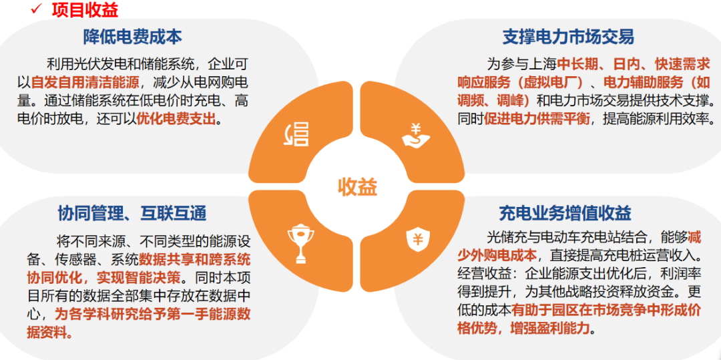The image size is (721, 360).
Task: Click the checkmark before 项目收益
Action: click(x=37, y=9)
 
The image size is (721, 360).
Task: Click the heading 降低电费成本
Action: click(x=133, y=36)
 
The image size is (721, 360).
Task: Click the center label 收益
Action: click(x=357, y=186)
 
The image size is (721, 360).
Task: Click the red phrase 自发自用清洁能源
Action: click(x=85, y=83)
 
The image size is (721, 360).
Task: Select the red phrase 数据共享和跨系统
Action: click(x=194, y=259)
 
